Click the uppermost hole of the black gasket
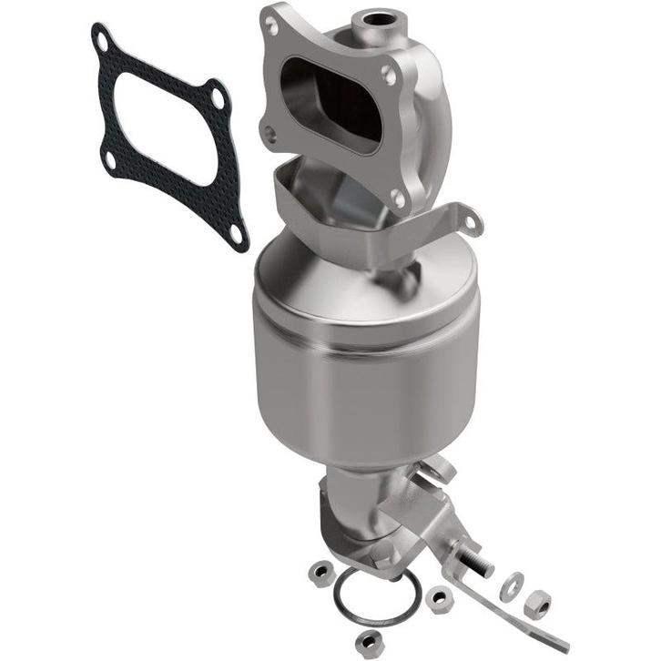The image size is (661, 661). click(x=102, y=39)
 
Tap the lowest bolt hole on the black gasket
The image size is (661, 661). click(x=236, y=234)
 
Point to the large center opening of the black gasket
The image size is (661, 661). click(x=169, y=137)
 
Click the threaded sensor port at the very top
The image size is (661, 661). click(x=372, y=18)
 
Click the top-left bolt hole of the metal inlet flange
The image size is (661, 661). click(x=271, y=27)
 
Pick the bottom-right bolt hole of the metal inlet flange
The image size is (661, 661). click(x=398, y=197)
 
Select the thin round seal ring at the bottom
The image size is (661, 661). click(x=375, y=594)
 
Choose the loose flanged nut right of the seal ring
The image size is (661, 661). click(x=440, y=597)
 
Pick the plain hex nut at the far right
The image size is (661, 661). click(x=536, y=604)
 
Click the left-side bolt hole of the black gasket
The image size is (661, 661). click(x=110, y=161)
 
